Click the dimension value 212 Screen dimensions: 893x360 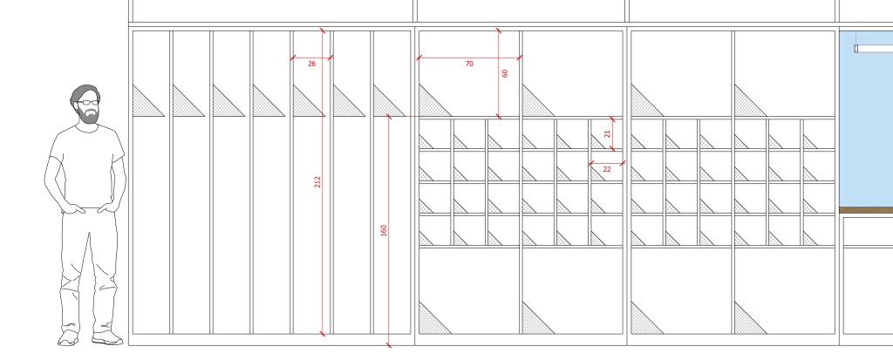click(x=317, y=181)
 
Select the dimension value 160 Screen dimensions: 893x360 click(x=384, y=230)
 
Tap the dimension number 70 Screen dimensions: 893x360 click(x=468, y=64)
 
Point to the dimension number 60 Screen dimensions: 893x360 click(x=505, y=73)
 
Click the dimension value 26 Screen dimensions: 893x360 click(x=311, y=64)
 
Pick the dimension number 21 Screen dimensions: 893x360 click(x=607, y=134)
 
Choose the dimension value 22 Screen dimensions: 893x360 click(x=607, y=169)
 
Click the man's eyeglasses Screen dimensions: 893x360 click(x=86, y=103)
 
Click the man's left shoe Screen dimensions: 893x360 click(x=107, y=338)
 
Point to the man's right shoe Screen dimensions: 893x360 click(x=68, y=338)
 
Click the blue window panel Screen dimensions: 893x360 click(x=866, y=119)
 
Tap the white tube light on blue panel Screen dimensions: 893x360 click(x=873, y=49)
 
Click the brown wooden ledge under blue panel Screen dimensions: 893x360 click(x=866, y=210)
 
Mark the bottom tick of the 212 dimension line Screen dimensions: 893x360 click(x=323, y=334)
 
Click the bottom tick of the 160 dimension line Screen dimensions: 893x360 click(x=388, y=344)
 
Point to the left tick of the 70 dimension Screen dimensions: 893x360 click(x=419, y=58)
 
